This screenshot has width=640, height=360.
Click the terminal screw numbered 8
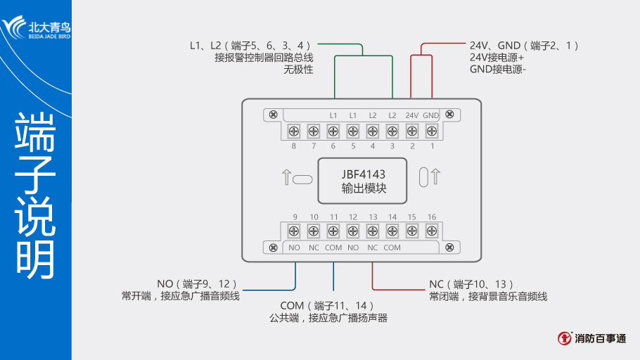(x=294, y=131)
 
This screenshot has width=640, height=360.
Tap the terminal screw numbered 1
(x=432, y=131)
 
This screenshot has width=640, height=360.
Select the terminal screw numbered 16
(x=431, y=231)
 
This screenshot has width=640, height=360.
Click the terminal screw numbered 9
(x=294, y=231)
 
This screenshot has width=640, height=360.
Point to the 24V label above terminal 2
(x=412, y=115)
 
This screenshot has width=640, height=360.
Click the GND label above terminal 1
(x=431, y=115)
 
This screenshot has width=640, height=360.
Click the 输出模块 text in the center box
(x=364, y=188)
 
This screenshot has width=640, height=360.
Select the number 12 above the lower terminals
(x=353, y=217)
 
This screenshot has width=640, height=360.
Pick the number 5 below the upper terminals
(x=353, y=146)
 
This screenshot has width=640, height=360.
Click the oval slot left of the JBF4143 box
(x=302, y=179)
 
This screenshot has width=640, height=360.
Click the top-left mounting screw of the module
(x=274, y=115)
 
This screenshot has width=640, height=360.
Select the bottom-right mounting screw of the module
(x=451, y=247)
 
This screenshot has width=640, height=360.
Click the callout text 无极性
(x=298, y=70)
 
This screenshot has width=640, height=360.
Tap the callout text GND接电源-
(x=498, y=70)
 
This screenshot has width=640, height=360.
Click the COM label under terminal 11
(x=333, y=247)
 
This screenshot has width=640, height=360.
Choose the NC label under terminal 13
(x=373, y=247)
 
